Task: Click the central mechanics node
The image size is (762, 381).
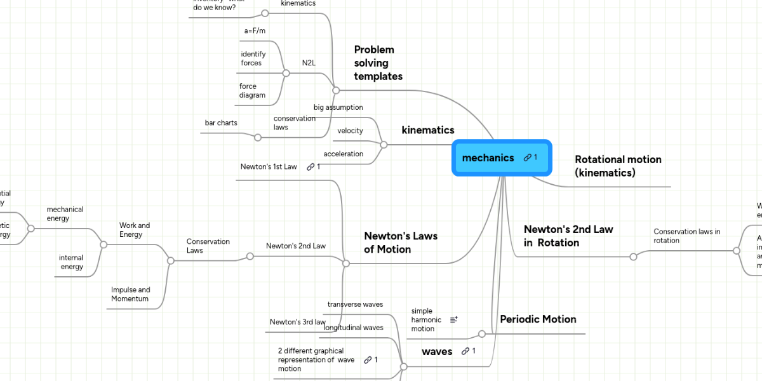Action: [488, 157]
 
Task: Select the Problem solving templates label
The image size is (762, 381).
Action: [378, 63]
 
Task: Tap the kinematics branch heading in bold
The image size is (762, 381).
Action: [428, 130]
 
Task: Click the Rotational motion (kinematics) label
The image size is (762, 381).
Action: [618, 166]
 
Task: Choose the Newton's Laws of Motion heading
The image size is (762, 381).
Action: [401, 243]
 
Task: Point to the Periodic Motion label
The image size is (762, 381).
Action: [538, 319]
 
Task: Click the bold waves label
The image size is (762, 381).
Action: [437, 351]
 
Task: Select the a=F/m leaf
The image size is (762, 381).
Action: [255, 30]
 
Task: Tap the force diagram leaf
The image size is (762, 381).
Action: [252, 91]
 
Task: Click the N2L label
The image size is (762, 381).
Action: [309, 63]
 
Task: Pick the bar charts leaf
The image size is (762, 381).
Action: [221, 123]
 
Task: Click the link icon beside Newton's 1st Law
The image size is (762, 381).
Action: [311, 167]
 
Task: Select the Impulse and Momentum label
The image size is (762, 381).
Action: [130, 294]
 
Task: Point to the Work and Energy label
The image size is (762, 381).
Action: [135, 230]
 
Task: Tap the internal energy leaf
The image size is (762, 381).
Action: [71, 262]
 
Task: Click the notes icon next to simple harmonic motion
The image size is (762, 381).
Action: [454, 320]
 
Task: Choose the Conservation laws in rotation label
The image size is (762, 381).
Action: [687, 236]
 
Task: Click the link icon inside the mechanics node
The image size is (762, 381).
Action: [528, 157]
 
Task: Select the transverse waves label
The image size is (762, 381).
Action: [355, 304]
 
